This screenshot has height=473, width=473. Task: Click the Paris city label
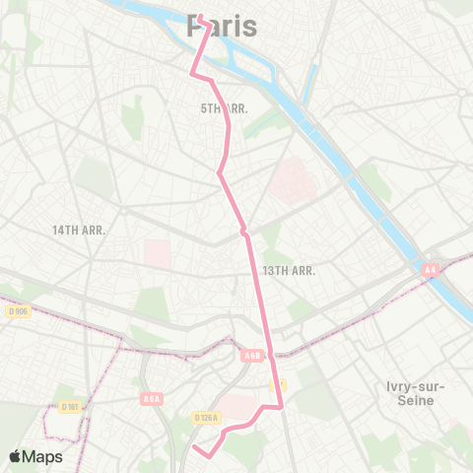click(222, 27)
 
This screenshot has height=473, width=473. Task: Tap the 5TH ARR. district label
click(223, 107)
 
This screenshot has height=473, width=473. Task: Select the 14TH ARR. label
click(79, 230)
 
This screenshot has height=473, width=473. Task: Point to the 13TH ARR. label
click(288, 270)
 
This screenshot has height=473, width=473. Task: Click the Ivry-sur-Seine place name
click(410, 391)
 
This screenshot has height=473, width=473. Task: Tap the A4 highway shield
click(431, 267)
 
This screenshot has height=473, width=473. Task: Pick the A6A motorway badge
click(151, 398)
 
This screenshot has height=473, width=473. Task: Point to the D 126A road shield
click(206, 418)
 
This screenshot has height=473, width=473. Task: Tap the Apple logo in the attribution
click(16, 456)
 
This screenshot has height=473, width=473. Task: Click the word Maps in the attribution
click(42, 456)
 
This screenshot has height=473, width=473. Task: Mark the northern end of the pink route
click(200, 17)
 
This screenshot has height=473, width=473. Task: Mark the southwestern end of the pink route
click(193, 449)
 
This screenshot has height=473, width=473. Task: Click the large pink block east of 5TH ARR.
click(291, 179)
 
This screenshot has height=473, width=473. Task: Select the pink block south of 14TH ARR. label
click(158, 253)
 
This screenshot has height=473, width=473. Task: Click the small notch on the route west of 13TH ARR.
click(243, 233)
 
